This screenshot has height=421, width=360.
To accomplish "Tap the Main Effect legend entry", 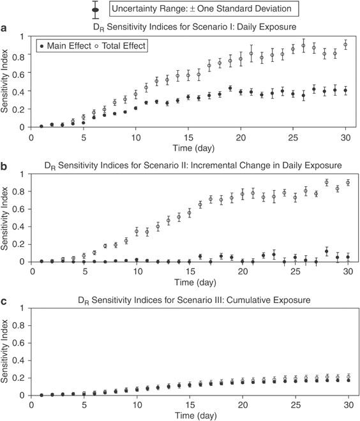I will click(x=64, y=46).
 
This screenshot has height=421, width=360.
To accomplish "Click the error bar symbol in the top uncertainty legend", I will click(x=95, y=8).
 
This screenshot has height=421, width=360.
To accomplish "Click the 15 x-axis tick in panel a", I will click(x=188, y=137).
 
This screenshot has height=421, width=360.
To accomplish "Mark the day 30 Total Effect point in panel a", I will click(x=346, y=45).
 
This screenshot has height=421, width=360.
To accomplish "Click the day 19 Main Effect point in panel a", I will click(x=230, y=88).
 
